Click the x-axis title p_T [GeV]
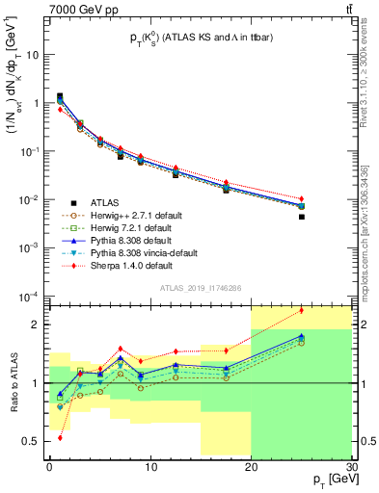[x=329, y=479]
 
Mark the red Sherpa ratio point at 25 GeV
[x=302, y=310]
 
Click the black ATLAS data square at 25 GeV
[x=302, y=217]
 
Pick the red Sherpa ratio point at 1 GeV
[x=60, y=437]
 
